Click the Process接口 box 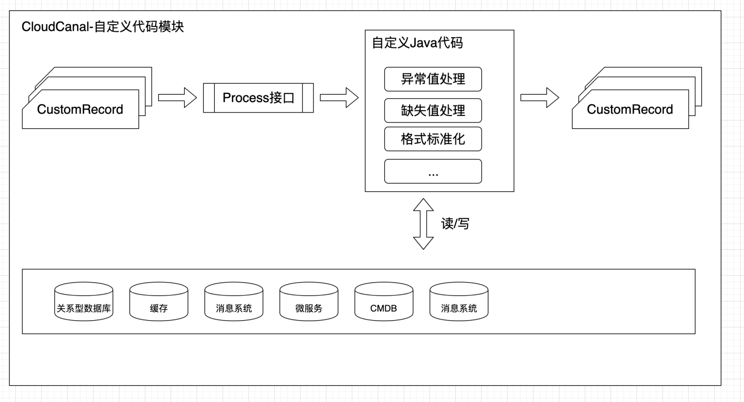(x=258, y=98)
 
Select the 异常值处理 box (x=433, y=79)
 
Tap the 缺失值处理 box (x=433, y=110)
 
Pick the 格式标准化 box (x=433, y=139)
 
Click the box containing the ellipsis (x=433, y=171)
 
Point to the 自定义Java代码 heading (x=417, y=43)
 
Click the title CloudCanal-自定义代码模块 (x=103, y=26)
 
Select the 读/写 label (x=455, y=224)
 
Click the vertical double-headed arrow (x=423, y=224)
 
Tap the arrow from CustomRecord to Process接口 (x=177, y=97)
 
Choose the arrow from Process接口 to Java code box (x=339, y=97)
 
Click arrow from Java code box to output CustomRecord (x=539, y=97)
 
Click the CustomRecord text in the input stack (x=80, y=110)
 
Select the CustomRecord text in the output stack (x=630, y=110)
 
